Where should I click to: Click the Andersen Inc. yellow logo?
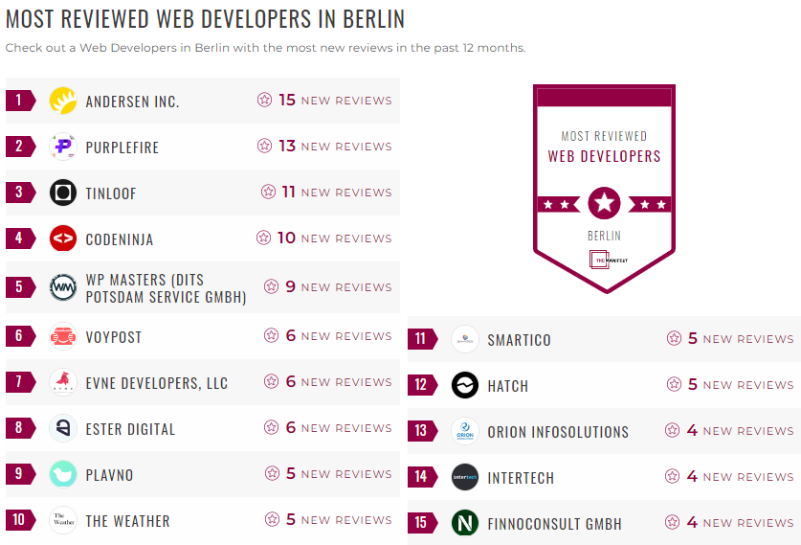(63, 101)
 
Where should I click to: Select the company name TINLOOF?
(111, 193)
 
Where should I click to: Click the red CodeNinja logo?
(63, 238)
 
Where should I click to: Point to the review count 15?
(287, 100)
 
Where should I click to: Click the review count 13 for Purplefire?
(287, 146)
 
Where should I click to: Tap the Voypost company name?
(114, 337)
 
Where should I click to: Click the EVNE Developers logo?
(63, 382)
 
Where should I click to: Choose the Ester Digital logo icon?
(63, 428)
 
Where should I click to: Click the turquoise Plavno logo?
(63, 474)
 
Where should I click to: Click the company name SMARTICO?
(519, 340)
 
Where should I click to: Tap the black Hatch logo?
(465, 385)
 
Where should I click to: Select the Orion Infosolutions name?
(558, 432)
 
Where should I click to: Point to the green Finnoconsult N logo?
(465, 523)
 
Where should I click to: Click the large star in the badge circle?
(604, 203)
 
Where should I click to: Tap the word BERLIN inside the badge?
(604, 236)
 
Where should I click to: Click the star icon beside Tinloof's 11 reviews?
(268, 192)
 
